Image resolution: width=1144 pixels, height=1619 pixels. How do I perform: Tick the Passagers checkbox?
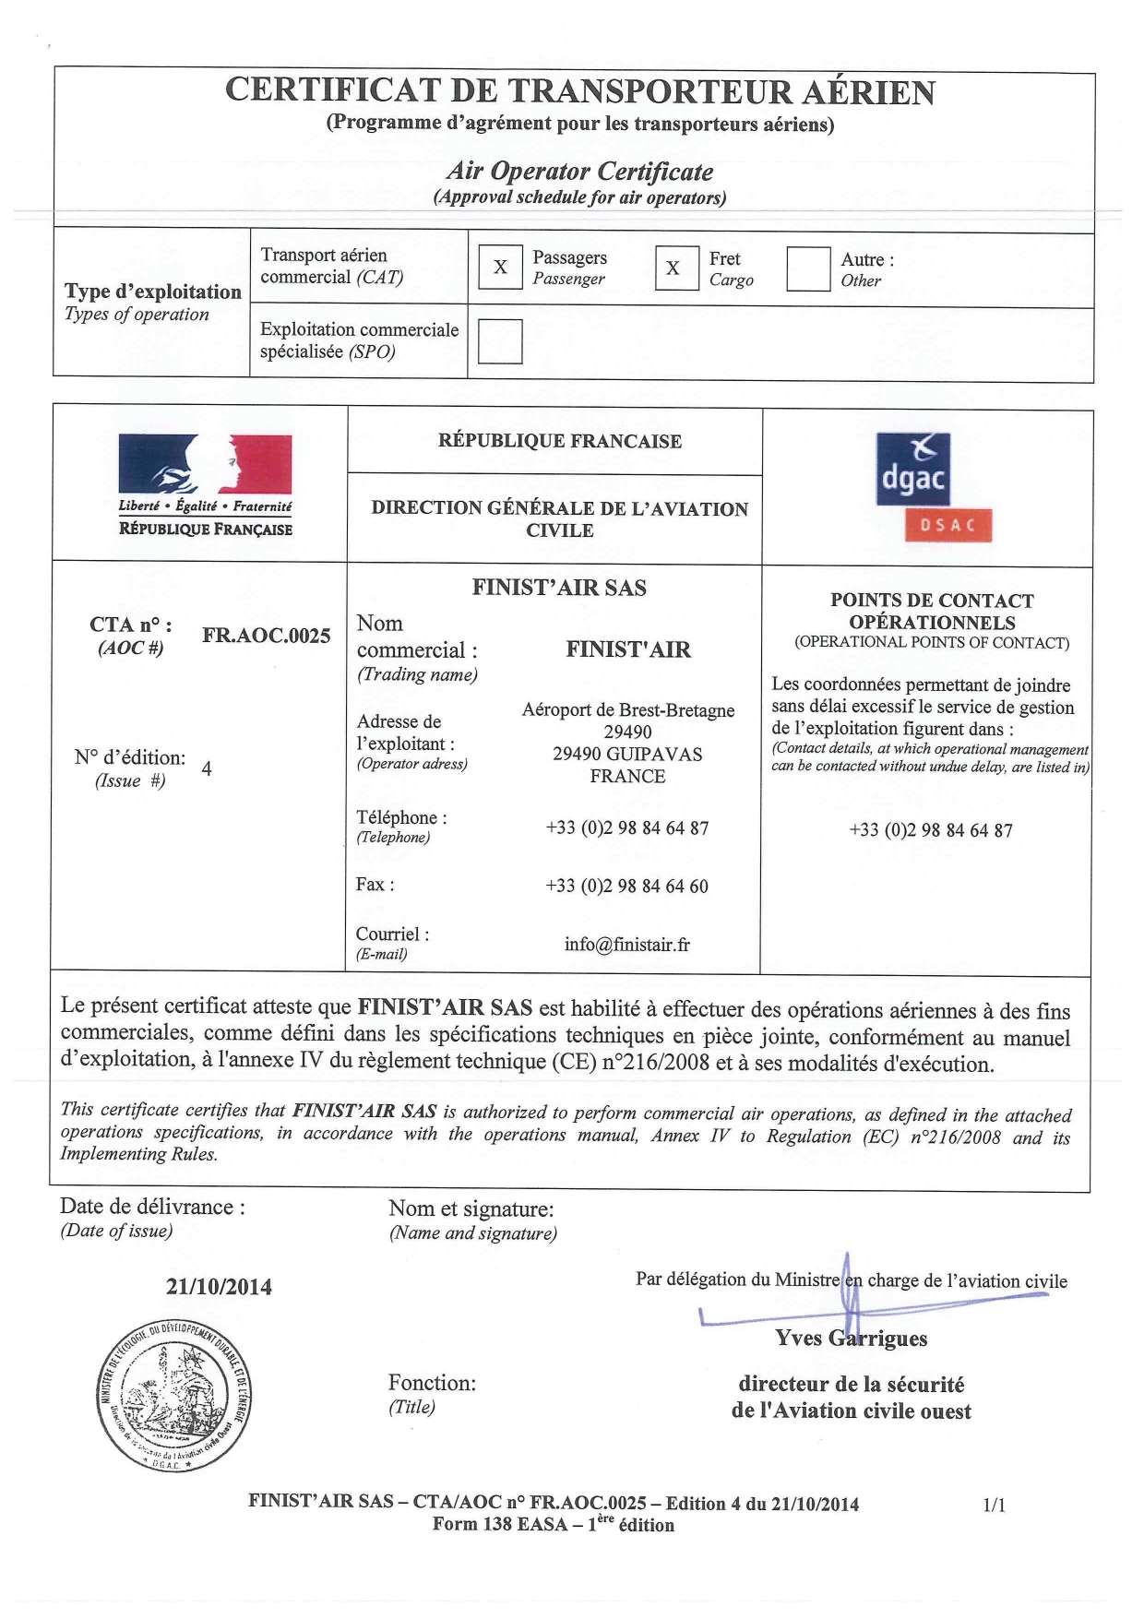click(500, 268)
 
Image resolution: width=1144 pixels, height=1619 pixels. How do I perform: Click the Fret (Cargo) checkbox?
click(676, 268)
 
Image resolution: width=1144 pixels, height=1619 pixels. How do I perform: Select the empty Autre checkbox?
click(808, 269)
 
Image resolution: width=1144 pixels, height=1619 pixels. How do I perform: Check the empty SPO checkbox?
click(500, 341)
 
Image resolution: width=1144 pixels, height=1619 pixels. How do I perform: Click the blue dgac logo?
click(912, 470)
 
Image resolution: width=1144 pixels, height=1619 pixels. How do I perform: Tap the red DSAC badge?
click(947, 526)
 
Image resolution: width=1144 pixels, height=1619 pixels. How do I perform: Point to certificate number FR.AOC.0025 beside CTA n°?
click(266, 636)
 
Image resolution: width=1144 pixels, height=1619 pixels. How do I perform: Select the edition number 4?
click(207, 768)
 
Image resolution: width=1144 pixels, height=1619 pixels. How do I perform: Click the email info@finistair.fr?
click(627, 945)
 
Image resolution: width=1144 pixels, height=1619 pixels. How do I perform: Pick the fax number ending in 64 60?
click(627, 887)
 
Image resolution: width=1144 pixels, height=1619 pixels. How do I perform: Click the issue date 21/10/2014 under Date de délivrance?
click(219, 1288)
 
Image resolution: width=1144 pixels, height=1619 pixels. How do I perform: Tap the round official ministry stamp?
click(173, 1394)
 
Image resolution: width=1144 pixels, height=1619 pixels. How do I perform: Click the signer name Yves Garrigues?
click(852, 1339)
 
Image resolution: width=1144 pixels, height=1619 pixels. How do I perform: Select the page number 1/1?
click(995, 1506)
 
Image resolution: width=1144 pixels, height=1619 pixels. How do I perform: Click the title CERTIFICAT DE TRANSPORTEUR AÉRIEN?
click(580, 91)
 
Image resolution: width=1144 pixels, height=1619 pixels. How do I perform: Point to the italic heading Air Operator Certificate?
click(579, 172)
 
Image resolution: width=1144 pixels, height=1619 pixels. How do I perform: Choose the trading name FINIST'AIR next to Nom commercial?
click(628, 650)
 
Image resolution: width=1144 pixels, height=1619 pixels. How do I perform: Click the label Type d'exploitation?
click(153, 292)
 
